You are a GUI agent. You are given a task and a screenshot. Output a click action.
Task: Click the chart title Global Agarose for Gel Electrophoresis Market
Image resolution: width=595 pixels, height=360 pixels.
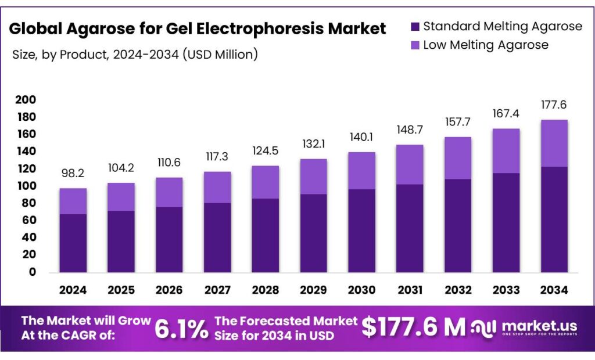coord(198,28)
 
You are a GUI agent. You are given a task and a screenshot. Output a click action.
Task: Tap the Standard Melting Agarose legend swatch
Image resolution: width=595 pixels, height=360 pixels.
coord(415,27)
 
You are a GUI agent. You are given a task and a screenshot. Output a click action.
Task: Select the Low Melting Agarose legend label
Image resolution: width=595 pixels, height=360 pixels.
coord(485,45)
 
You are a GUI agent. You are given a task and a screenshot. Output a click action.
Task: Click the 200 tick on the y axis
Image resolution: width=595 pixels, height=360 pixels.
coord(26,100)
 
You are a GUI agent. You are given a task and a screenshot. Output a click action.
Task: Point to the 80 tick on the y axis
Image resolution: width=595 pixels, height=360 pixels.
coord(28,203)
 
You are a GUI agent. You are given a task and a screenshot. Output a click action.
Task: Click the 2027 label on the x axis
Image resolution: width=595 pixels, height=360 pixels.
coord(217,290)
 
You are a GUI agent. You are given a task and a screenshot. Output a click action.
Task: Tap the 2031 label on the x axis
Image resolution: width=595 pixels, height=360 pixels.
coord(410,290)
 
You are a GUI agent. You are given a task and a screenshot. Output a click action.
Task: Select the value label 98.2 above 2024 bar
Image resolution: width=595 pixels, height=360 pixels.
coord(73,174)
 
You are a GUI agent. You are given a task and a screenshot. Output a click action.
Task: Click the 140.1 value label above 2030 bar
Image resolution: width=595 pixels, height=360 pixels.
coord(361,138)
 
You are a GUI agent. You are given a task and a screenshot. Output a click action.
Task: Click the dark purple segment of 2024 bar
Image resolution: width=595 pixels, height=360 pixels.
coord(73,243)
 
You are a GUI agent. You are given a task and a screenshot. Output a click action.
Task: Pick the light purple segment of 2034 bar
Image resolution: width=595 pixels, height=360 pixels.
coord(553,143)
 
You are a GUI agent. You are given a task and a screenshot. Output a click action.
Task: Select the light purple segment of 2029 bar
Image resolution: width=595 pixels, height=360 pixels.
coord(313,177)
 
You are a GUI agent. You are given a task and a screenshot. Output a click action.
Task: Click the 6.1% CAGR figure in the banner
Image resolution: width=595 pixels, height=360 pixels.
coord(181,329)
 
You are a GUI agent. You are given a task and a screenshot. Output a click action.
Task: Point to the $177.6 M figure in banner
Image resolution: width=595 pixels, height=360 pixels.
coord(413,327)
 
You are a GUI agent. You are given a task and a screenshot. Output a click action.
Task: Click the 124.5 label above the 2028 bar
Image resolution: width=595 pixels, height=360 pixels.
coord(265,152)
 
